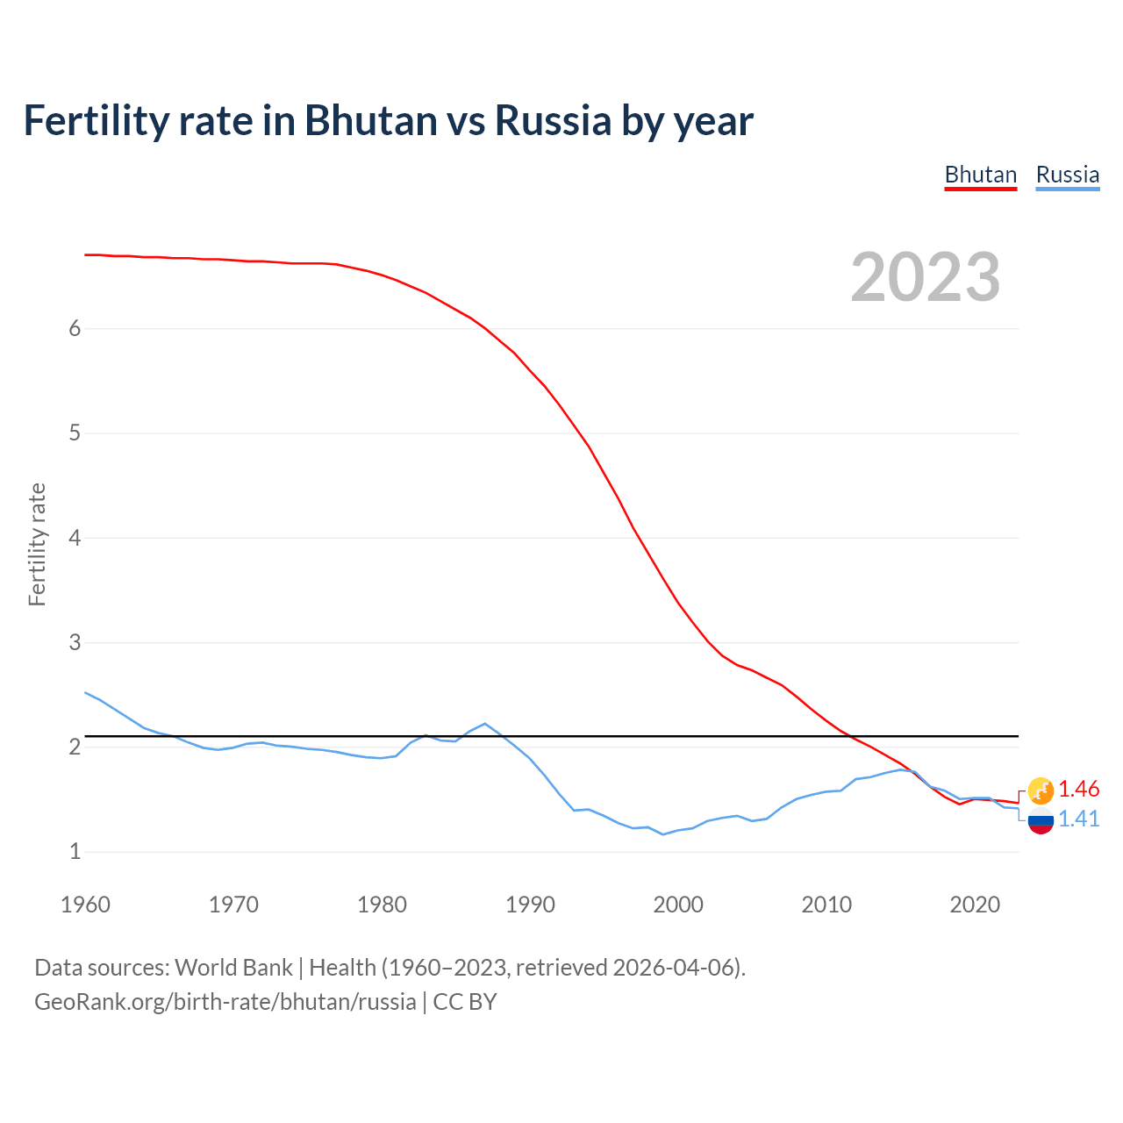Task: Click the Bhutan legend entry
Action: (980, 175)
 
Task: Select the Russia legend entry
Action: (1067, 175)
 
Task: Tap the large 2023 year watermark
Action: (926, 277)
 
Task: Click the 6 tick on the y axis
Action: (75, 328)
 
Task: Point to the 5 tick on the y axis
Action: (75, 433)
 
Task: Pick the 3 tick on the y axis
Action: (75, 642)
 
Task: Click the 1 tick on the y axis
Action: (75, 851)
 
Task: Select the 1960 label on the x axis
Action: (85, 905)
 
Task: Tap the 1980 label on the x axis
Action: (382, 905)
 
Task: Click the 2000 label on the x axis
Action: (678, 905)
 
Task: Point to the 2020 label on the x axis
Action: (975, 905)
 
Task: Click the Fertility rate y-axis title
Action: (37, 544)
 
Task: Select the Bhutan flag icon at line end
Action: (1041, 790)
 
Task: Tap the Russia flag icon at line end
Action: (1041, 821)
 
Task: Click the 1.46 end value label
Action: (1078, 789)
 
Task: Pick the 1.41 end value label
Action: (1078, 819)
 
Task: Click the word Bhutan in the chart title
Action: (370, 120)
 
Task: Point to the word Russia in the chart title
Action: (553, 120)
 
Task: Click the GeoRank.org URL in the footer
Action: (225, 1002)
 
